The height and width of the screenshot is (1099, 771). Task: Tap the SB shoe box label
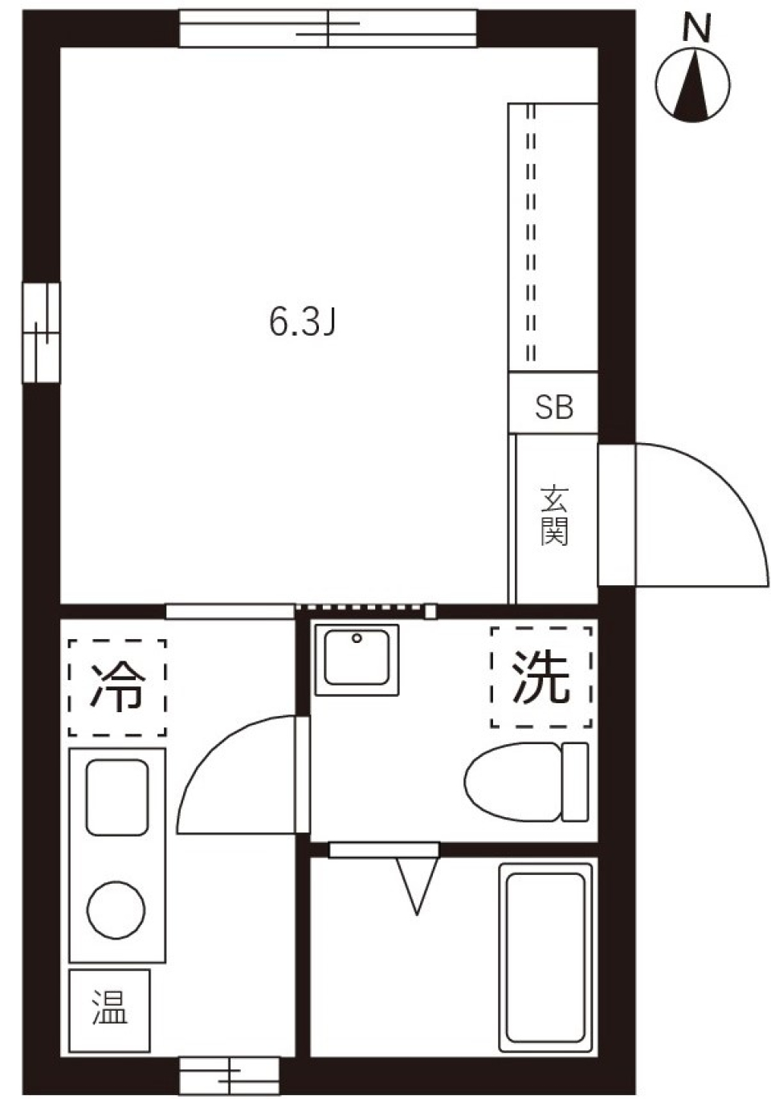point(554,407)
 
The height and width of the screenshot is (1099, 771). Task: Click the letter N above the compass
point(696,29)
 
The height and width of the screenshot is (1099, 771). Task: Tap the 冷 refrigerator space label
point(117,687)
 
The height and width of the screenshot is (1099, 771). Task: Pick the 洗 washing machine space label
point(541,676)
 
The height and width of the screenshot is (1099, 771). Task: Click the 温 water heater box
point(110,1009)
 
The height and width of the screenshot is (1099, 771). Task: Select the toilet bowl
point(512,783)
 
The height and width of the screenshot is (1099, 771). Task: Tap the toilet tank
point(575,782)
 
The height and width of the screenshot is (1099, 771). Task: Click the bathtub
point(545,957)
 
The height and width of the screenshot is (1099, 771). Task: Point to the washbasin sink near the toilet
point(357,659)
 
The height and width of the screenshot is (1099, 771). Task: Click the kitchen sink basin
point(117,796)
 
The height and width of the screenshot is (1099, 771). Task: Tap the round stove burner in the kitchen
point(116,910)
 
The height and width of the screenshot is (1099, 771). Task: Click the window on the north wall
point(328,29)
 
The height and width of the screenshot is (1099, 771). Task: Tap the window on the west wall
point(41,332)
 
